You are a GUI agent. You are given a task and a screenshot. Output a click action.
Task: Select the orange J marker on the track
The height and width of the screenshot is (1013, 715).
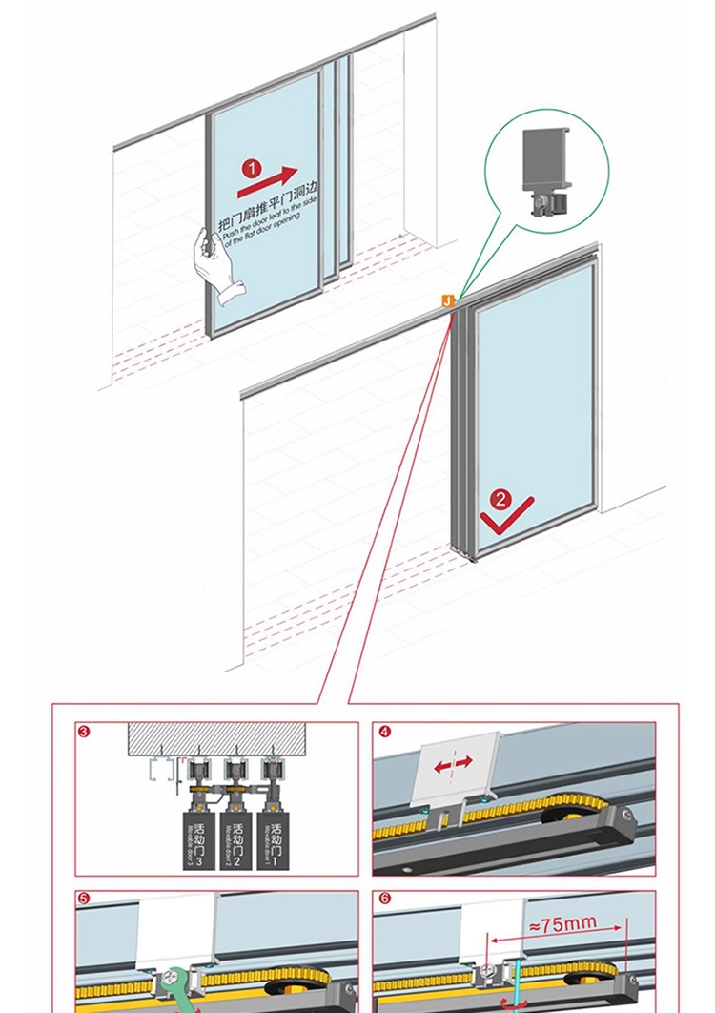point(446,300)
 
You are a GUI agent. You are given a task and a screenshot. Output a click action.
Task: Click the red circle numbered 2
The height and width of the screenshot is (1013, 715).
point(501,498)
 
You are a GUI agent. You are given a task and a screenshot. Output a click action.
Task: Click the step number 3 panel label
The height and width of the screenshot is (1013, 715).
point(85,733)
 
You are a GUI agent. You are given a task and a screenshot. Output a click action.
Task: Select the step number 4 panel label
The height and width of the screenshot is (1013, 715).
point(384,733)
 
